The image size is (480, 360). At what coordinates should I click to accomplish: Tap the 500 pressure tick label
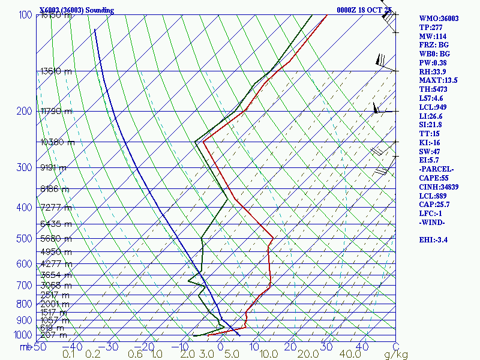click(25, 239)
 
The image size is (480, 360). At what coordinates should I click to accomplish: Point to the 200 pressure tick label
click(25, 111)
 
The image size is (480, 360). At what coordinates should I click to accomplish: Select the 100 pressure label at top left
click(25, 14)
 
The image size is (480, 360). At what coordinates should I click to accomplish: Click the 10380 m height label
click(57, 142)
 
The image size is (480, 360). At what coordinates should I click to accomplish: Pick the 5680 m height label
click(55, 238)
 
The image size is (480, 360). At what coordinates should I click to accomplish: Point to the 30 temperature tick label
click(326, 346)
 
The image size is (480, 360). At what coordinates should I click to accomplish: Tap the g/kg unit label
click(396, 355)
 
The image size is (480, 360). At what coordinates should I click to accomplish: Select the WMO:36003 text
click(439, 19)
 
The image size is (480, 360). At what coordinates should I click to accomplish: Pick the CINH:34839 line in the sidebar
click(440, 187)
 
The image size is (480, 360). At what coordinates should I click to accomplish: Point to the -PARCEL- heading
click(436, 169)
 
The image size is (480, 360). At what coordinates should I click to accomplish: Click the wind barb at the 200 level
click(380, 109)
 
